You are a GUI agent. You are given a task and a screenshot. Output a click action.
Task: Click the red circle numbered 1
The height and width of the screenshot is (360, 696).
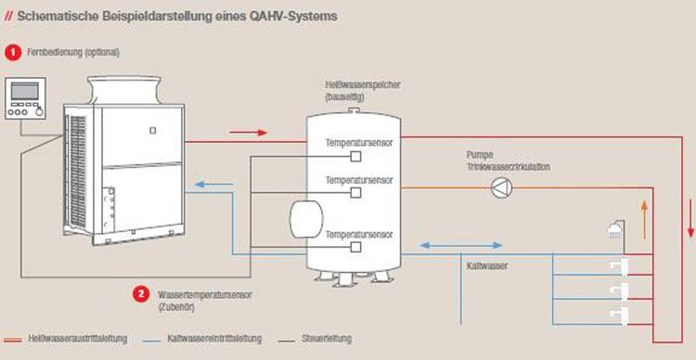tap(13, 52)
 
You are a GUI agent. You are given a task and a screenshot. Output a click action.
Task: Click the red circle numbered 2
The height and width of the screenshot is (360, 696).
tap(141, 294)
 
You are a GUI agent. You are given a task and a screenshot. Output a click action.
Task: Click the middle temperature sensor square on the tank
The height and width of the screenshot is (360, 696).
tap(355, 193)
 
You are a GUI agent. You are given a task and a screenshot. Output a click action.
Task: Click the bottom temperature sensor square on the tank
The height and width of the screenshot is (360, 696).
tap(355, 249)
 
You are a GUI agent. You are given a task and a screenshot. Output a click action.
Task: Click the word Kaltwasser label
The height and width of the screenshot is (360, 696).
tap(485, 265)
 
